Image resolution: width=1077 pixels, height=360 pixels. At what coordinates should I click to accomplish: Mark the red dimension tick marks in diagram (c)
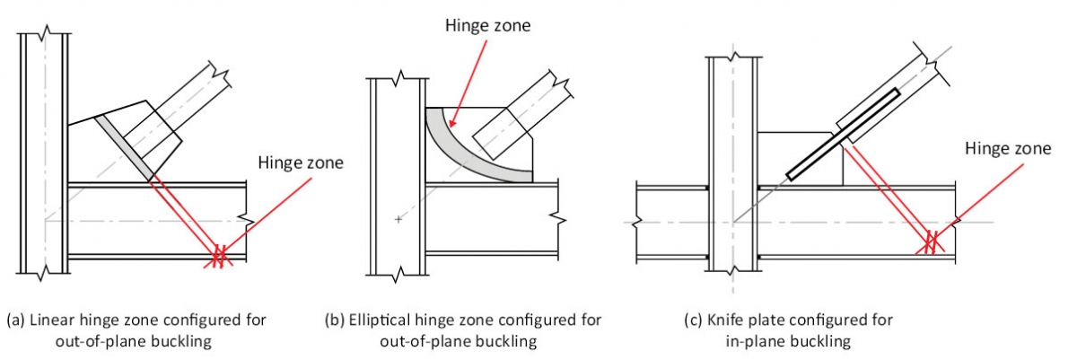tap(932, 241)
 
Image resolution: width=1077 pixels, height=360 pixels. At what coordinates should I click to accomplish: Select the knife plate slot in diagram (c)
tap(844, 133)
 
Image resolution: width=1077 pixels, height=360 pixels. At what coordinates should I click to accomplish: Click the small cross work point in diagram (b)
tap(397, 218)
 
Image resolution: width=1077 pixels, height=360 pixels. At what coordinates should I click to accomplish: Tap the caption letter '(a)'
tap(15, 320)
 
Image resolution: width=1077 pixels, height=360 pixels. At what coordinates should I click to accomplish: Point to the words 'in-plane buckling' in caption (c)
tap(785, 341)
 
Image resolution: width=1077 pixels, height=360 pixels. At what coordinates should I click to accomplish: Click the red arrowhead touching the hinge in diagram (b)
tap(451, 125)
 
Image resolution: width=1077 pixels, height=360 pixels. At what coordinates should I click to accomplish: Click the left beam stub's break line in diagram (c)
tap(638, 221)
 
